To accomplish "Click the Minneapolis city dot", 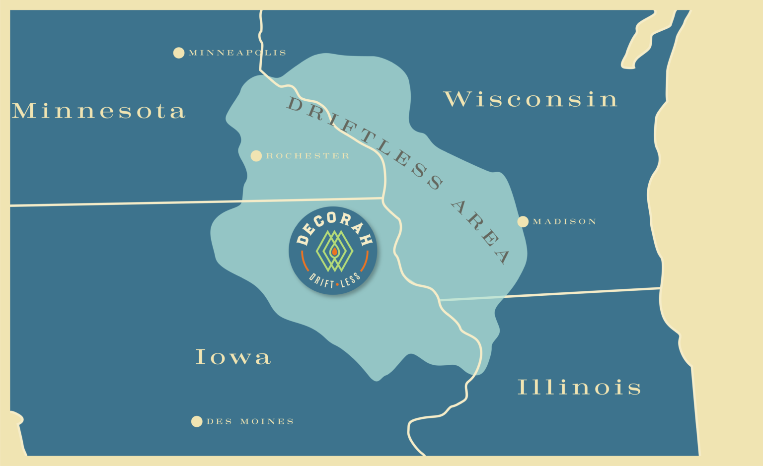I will coord(179,53).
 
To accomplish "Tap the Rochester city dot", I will coord(256,156).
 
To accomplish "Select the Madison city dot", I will coord(523,221).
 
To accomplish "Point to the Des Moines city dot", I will coord(197,421).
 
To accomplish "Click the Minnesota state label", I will coord(98,111).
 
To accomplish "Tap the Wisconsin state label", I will coord(531,99).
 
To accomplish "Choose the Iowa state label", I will coord(233,357).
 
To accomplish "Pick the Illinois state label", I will coord(579,387).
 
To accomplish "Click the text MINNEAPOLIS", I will coord(237,53).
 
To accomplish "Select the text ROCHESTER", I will coord(308,156).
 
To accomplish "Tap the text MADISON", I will coord(564,221).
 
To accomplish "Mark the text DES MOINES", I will coord(250,421).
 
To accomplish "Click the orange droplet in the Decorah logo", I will coord(334,252).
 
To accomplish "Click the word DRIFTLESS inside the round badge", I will coord(334,281).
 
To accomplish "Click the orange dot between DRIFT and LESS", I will coord(337,284).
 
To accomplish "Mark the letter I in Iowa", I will coord(201,356).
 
